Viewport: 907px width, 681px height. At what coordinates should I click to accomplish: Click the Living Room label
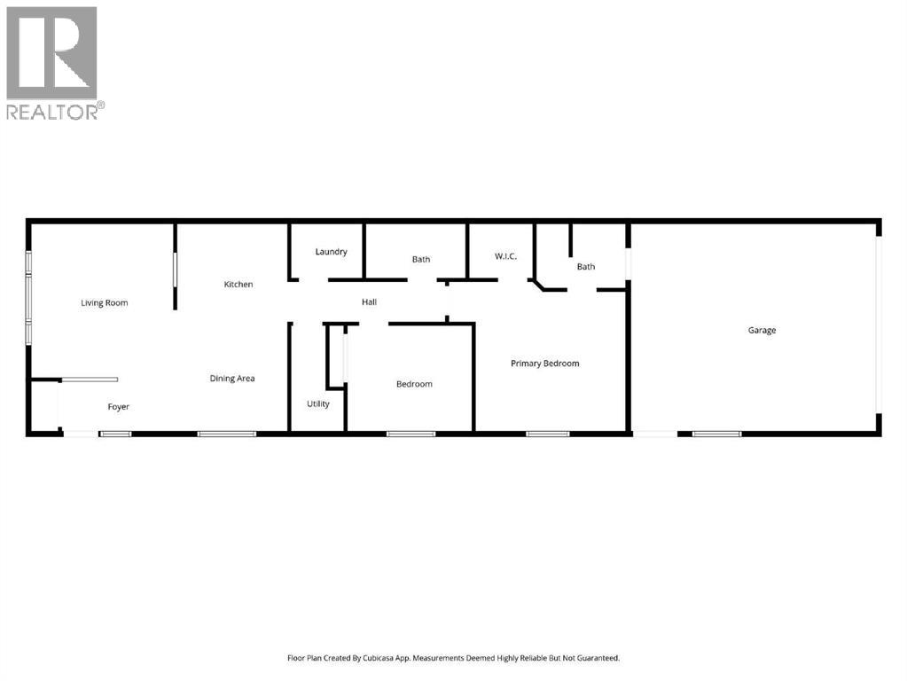pos(105,303)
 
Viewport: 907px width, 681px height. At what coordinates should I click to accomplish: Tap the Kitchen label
pos(238,285)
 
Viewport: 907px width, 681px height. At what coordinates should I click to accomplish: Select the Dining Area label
pos(232,379)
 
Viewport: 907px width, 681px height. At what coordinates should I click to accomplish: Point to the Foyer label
pos(119,407)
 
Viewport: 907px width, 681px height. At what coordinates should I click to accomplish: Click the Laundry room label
pos(331,252)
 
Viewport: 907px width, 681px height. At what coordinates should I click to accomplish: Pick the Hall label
pos(369,302)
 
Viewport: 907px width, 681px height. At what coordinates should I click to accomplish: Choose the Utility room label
pos(318,404)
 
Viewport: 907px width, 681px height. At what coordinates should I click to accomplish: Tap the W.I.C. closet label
pos(505,257)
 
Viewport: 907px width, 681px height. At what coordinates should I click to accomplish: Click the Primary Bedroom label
pos(545,364)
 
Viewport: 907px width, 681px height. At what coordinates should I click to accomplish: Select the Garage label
pos(762,331)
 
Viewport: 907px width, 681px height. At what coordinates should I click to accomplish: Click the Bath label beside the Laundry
pos(421,260)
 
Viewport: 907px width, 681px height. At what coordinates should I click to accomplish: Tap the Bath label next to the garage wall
pos(586,267)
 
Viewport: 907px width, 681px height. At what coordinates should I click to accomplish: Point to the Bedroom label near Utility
pos(414,384)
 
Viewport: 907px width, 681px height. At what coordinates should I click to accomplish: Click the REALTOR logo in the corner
pos(53,62)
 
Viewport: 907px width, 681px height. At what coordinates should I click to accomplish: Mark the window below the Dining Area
pos(227,434)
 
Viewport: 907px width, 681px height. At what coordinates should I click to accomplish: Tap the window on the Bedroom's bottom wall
pos(410,434)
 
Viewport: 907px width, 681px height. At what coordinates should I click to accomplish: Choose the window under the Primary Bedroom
pos(547,434)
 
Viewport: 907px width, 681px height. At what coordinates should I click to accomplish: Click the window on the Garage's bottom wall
pos(716,434)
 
